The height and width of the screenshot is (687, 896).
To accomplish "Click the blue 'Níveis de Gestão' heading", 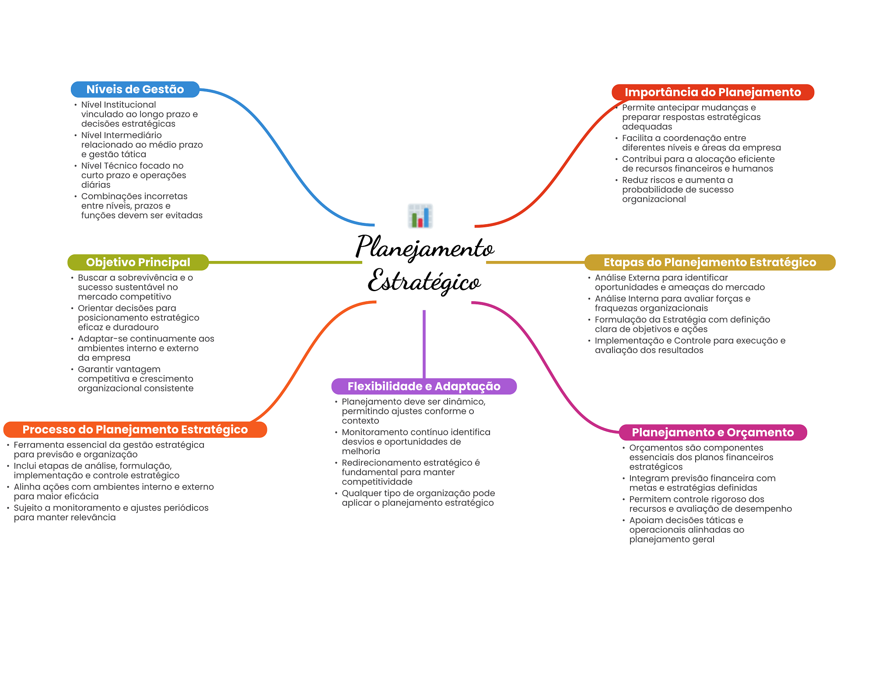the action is pos(135,89).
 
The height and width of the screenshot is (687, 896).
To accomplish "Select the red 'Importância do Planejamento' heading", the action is pos(713,92).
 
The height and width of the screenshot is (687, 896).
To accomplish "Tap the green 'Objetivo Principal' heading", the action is pos(138,262).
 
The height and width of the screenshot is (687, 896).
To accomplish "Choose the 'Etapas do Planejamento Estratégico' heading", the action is pos(710,262).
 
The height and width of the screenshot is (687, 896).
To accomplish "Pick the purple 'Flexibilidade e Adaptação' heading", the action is pos(424,386).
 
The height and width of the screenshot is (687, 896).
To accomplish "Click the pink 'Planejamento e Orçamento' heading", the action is pos(713,432).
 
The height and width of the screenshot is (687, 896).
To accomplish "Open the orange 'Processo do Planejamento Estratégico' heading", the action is pos(135,430).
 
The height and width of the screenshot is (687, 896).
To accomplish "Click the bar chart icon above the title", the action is pos(420,216).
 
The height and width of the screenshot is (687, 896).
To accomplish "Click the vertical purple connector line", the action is pos(424,344).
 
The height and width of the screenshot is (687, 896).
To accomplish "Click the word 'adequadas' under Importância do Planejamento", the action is pos(647,127).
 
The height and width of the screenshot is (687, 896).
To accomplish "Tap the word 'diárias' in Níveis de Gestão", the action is pos(96,185).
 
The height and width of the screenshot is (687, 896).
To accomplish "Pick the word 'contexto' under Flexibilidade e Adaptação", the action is pos(360,421).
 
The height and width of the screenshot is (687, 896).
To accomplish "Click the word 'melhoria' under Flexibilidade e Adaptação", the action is pos(361,451).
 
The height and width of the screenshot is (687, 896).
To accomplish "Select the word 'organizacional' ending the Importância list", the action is pos(654,200).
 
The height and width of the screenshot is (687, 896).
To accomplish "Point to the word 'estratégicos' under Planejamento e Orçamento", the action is pos(656,467).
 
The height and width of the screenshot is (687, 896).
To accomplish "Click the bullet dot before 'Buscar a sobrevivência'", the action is pos(72,278).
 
